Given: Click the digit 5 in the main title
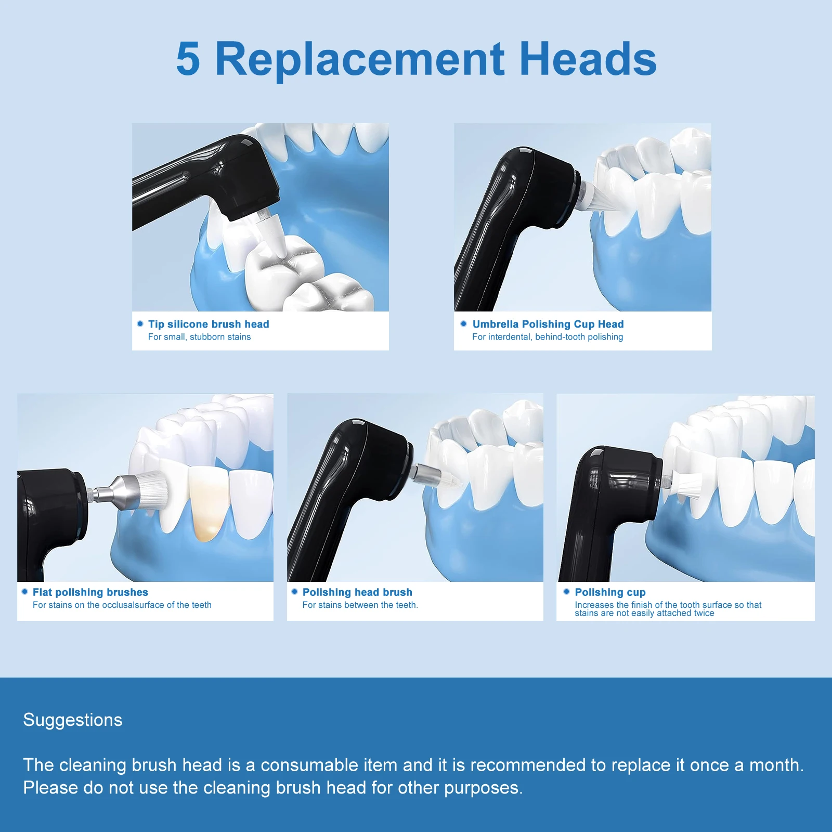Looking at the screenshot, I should coord(188,59).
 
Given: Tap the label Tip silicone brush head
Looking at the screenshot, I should coord(209,324).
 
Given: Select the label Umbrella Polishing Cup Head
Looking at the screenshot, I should coord(548,324).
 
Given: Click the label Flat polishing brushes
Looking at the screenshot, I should coord(90,592).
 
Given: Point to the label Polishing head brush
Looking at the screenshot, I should coord(357,592).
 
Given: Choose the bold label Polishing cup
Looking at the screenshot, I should coord(610,592).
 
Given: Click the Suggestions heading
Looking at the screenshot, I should coord(73,720).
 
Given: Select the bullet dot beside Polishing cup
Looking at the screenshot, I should coord(566,592).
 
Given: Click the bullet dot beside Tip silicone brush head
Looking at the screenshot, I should coord(140,323).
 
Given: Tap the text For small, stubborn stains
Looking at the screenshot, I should coord(199,337).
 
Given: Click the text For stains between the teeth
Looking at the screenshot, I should coord(360,605).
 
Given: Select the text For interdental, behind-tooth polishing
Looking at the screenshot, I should coord(548,337).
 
